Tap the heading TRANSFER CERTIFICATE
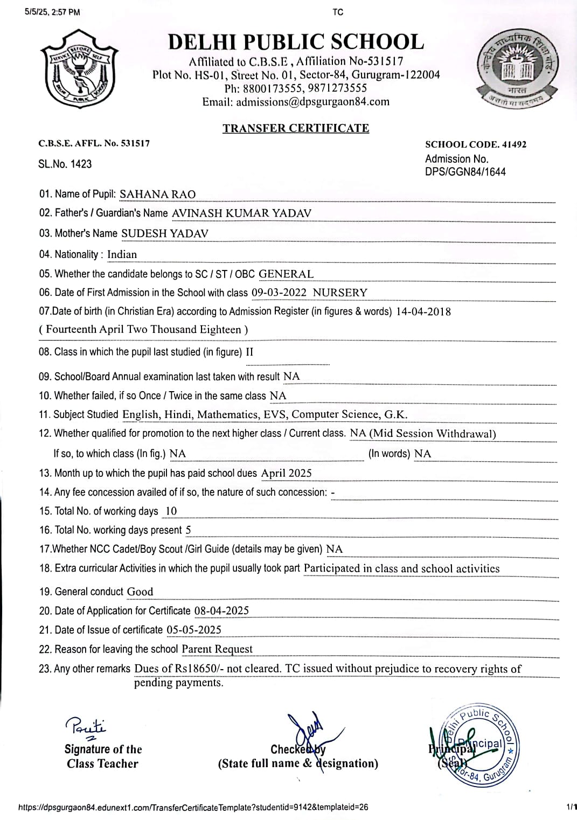[x=296, y=128]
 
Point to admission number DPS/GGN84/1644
[x=465, y=172]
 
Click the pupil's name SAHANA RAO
[x=157, y=194]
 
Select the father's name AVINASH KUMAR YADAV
[x=241, y=213]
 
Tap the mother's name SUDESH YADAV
[x=164, y=233]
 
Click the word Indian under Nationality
[x=122, y=254]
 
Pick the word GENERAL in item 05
[x=286, y=274]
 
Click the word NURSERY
[x=340, y=293]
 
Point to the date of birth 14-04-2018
[x=423, y=311]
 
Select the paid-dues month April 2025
[x=286, y=473]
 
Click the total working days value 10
[x=171, y=511]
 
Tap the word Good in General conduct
[x=140, y=592]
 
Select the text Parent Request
[x=217, y=649]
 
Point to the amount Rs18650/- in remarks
[x=199, y=669]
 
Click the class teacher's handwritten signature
[x=86, y=727]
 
